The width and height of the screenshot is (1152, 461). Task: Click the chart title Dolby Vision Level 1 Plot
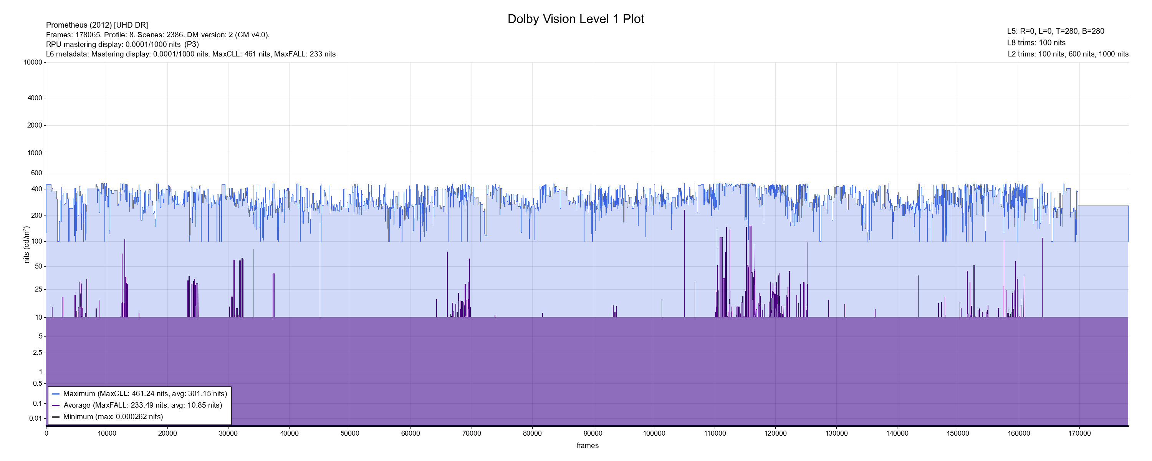tap(576, 19)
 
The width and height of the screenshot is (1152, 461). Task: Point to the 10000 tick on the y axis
tap(33, 62)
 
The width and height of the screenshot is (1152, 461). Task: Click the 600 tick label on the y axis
tap(36, 173)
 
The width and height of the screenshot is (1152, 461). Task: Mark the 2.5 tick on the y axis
tap(37, 353)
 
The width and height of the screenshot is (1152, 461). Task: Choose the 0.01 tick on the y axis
tap(35, 418)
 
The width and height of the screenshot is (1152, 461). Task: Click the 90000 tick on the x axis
tap(593, 433)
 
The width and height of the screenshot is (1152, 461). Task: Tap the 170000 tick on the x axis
tap(1079, 433)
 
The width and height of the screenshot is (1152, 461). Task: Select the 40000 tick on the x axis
tap(289, 433)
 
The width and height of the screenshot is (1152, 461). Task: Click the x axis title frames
tap(587, 446)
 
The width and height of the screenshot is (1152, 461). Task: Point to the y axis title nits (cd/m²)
tap(26, 244)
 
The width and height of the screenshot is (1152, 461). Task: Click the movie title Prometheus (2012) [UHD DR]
tap(97, 25)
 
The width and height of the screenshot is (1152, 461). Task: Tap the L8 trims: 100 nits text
tap(1036, 43)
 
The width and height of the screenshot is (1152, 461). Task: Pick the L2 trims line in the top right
tap(1068, 54)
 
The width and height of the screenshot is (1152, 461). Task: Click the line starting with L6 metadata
tap(190, 54)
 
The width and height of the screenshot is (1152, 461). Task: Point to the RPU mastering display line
tap(122, 44)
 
